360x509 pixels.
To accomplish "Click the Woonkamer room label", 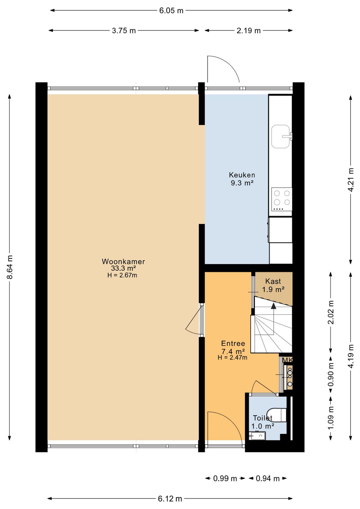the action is [x=123, y=262].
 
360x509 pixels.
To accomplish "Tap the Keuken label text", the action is [x=242, y=175].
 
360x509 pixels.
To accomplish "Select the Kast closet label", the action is [x=273, y=281].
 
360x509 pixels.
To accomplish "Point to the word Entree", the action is [x=233, y=343].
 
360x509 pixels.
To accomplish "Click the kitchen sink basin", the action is [x=281, y=136].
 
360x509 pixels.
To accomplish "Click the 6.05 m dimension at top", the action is [x=171, y=11].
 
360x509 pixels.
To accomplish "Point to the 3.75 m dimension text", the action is [x=124, y=31].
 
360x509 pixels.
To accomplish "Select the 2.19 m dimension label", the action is [x=248, y=31].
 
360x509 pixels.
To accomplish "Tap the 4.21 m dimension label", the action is [x=351, y=180].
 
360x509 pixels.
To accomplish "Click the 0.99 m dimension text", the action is [x=225, y=479].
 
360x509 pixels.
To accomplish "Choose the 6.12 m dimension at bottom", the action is [x=170, y=499].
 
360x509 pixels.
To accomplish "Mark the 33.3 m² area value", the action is [x=123, y=269].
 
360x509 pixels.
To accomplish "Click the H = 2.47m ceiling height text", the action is [x=232, y=358].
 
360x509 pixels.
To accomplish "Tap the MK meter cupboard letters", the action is [x=287, y=360].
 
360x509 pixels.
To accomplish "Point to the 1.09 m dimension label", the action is [x=331, y=418].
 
